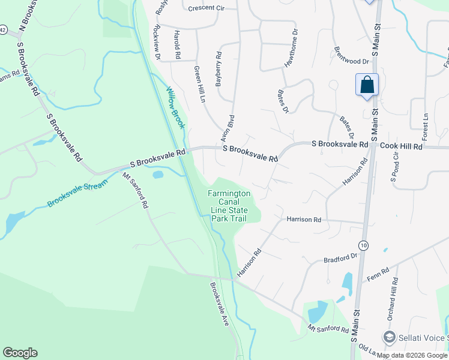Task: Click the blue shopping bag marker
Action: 367,85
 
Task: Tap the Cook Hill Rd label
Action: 402,146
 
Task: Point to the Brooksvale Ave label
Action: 220,304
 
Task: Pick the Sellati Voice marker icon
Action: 388,338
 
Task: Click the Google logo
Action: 20,353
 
